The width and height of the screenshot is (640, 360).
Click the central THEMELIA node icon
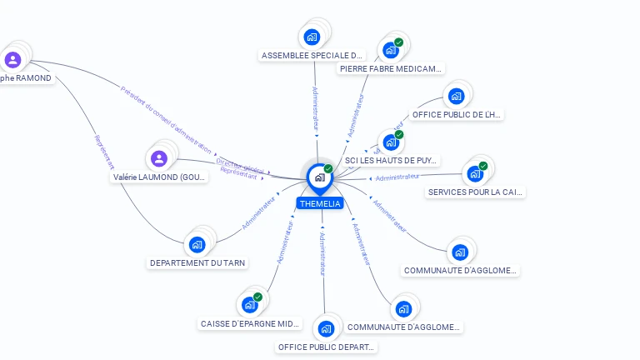coord(319,177)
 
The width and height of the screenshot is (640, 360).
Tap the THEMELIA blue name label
coord(320,203)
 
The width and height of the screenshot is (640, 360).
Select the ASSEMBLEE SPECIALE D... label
coord(313,56)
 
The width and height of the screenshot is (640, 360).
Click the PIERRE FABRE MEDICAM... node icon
coord(390,49)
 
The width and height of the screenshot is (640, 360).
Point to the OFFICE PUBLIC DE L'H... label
coord(457,114)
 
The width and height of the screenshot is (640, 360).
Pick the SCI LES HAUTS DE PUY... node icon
coord(390,142)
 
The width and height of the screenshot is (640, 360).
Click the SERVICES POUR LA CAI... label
coord(476,192)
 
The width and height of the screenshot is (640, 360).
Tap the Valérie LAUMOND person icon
coord(159,158)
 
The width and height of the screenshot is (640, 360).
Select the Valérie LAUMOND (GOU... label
coord(160,177)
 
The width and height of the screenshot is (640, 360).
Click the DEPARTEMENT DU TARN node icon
coord(197,244)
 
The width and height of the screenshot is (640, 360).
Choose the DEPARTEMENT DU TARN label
coord(197,262)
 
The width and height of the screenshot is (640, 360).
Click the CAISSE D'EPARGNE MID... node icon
coord(249,304)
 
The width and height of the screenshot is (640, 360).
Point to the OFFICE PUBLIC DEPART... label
coord(327,347)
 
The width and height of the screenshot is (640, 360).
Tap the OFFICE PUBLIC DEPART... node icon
coord(326,328)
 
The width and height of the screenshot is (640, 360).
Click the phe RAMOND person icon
coord(12,60)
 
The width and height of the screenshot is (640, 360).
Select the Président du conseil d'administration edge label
coord(167,119)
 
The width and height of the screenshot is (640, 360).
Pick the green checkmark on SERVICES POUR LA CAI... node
coord(482,166)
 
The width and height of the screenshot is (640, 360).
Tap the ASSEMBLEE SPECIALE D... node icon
coord(312,37)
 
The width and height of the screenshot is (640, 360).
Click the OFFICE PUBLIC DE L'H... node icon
coord(456,96)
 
